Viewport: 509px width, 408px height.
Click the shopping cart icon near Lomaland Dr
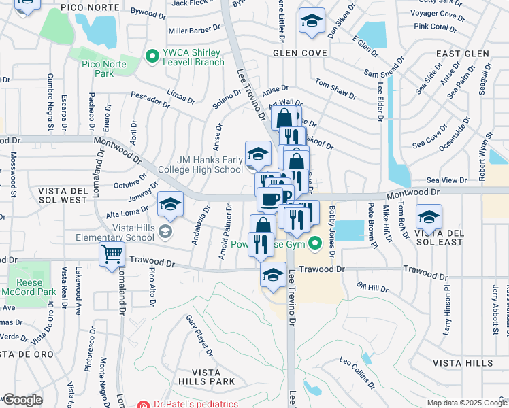(112, 255)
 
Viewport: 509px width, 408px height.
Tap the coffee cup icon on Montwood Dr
(269, 199)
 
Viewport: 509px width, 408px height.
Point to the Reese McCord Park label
(29, 288)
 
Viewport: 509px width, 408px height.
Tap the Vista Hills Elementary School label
(121, 233)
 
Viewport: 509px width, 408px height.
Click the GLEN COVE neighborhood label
(300, 53)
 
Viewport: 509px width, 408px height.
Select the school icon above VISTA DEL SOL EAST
(428, 217)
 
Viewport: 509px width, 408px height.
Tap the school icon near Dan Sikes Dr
(311, 22)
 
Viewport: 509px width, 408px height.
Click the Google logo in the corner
(22, 400)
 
